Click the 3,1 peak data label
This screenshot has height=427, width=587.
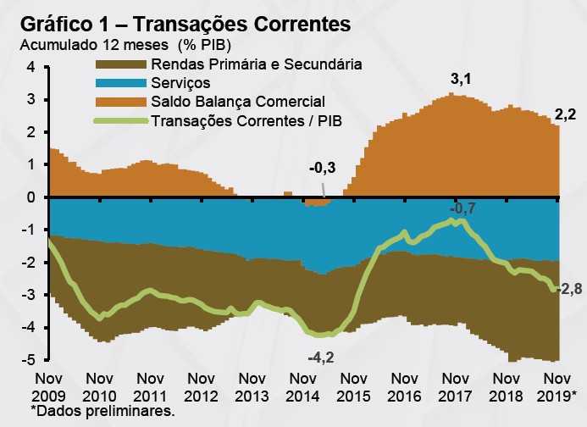point(460,80)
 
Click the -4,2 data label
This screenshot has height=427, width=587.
point(319,357)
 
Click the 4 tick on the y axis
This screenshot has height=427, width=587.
point(31,67)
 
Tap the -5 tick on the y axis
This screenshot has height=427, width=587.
point(29,360)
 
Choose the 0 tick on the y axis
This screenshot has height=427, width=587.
point(31,197)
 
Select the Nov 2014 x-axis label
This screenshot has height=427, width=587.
point(302,386)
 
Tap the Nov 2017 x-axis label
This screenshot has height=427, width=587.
point(456,386)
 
